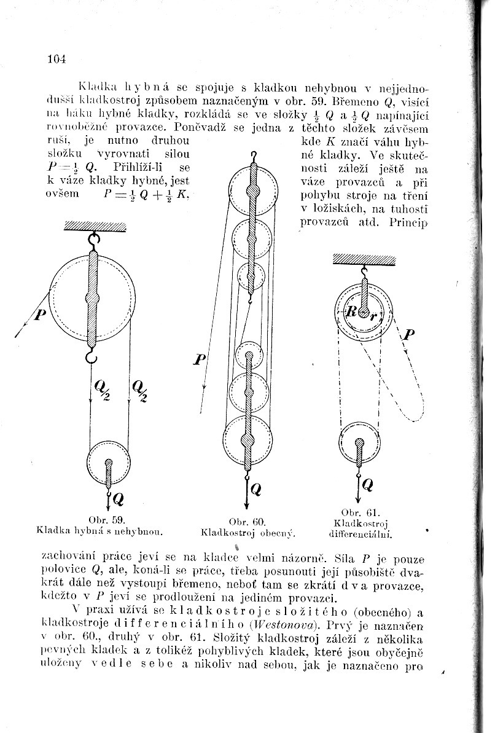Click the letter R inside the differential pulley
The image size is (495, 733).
click(351, 312)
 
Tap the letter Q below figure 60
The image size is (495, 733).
click(257, 490)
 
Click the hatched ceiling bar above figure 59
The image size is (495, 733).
click(95, 225)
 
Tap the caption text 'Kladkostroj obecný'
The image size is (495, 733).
click(249, 531)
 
